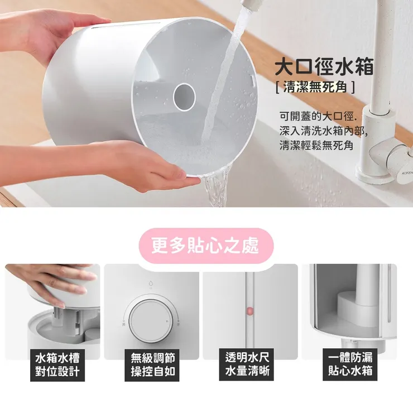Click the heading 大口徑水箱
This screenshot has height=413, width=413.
[324, 68]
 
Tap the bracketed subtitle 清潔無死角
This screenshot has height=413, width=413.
[315, 88]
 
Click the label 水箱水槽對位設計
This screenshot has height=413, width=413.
[57, 364]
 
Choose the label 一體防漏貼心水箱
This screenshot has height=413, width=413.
[350, 364]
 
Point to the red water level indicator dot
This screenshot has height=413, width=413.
[250, 310]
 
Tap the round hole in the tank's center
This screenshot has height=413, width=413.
[184, 97]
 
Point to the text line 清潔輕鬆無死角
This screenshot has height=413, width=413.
[316, 146]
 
